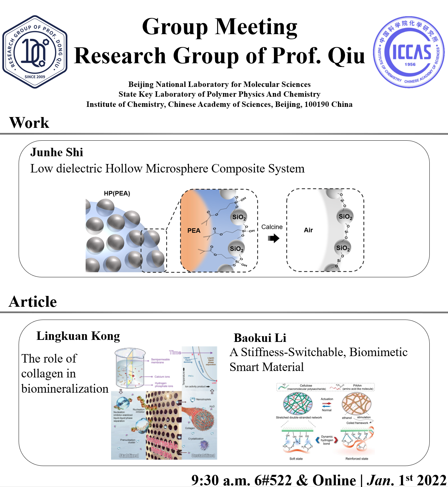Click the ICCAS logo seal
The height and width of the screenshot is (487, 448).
click(409, 52)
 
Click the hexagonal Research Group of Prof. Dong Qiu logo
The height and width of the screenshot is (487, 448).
click(35, 52)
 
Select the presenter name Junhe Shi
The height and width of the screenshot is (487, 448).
click(57, 153)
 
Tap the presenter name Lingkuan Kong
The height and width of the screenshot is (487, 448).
click(78, 336)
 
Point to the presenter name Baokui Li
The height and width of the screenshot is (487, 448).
click(260, 338)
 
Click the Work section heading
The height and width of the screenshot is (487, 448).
click(29, 123)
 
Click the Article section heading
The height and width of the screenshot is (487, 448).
click(33, 302)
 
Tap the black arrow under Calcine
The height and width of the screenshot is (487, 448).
click(273, 238)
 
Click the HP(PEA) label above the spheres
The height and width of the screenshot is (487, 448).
click(117, 193)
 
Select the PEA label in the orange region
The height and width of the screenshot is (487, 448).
click(194, 231)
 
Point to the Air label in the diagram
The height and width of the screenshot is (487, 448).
click(308, 230)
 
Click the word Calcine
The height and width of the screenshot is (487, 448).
click(272, 227)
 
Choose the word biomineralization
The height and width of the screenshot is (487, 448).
click(65, 389)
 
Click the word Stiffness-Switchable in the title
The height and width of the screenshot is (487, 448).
click(294, 352)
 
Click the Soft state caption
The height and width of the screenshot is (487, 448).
click(296, 459)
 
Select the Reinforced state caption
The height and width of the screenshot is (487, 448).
click(357, 459)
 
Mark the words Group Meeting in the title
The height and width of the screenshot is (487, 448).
click(219, 27)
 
